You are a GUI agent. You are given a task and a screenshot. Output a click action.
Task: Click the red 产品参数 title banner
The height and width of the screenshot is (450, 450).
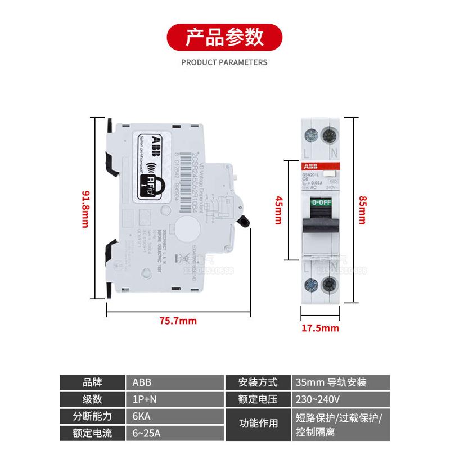pyautogui.click(x=224, y=38)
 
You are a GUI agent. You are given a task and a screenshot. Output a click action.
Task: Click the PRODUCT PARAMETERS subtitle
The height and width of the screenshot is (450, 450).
pyautogui.click(x=224, y=62)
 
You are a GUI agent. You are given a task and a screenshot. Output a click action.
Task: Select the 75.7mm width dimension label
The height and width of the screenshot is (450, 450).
pyautogui.click(x=178, y=321)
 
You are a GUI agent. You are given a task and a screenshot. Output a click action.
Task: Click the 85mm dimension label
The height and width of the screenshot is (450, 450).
pyautogui.click(x=362, y=209)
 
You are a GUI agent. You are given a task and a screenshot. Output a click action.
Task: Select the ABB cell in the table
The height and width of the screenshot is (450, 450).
pyautogui.click(x=174, y=382)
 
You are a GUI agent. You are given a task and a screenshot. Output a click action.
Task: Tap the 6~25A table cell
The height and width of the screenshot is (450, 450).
pyautogui.click(x=174, y=434)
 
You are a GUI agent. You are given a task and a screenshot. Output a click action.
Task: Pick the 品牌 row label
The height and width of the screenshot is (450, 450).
pyautogui.click(x=93, y=382)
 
